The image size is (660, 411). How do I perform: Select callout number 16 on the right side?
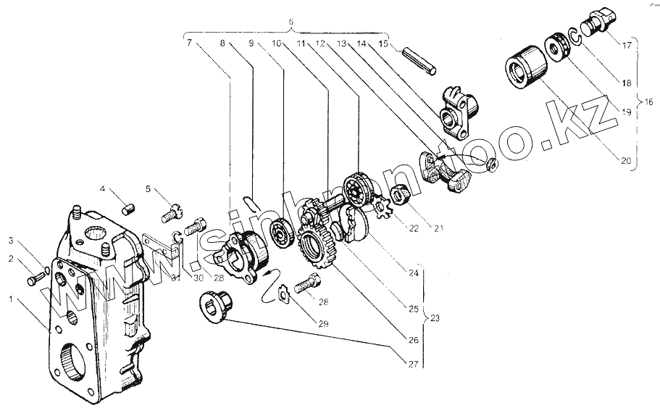point(648,102)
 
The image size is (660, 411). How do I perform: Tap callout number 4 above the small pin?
point(103,189)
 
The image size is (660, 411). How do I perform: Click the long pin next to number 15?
point(420,59)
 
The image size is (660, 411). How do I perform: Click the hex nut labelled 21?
point(400,194)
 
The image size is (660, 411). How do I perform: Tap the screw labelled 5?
point(170,212)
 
